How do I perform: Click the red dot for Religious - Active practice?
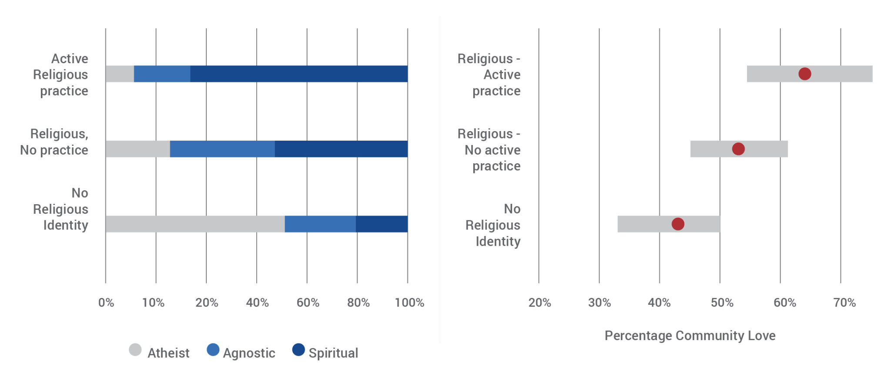click(804, 74)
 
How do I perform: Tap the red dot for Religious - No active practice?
click(738, 149)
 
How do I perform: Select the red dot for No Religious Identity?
click(677, 224)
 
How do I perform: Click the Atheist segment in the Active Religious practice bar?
click(120, 74)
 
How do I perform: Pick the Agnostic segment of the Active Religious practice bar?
click(162, 74)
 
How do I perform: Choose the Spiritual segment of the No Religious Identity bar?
click(382, 224)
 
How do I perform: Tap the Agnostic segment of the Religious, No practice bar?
click(222, 149)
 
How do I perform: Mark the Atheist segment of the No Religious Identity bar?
click(195, 224)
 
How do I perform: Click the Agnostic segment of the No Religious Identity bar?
click(320, 224)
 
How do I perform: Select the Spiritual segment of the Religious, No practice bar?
click(341, 149)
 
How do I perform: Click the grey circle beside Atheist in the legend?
click(135, 350)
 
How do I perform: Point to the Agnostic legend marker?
click(213, 350)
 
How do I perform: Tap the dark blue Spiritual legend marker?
click(298, 350)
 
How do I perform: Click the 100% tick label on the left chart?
click(409, 303)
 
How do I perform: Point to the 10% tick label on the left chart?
click(153, 303)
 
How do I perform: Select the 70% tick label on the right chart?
click(844, 303)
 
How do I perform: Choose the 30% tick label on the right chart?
click(599, 303)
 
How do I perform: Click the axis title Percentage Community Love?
click(690, 335)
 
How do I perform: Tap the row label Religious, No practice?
click(54, 142)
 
